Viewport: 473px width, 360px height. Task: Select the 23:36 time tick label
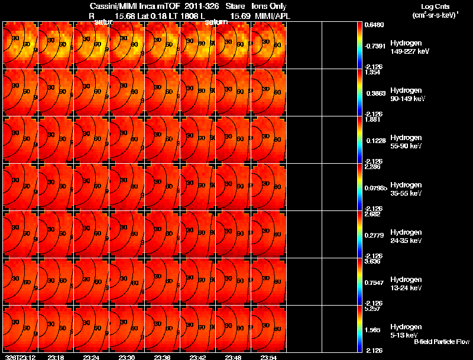pyautogui.click(x=162, y=357)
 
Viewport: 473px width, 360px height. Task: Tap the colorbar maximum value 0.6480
pyautogui.click(x=374, y=25)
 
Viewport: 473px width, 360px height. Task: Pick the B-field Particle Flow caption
pyautogui.click(x=441, y=342)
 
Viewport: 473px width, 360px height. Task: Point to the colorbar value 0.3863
pyautogui.click(x=374, y=93)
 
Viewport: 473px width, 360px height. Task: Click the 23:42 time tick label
pyautogui.click(x=197, y=357)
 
